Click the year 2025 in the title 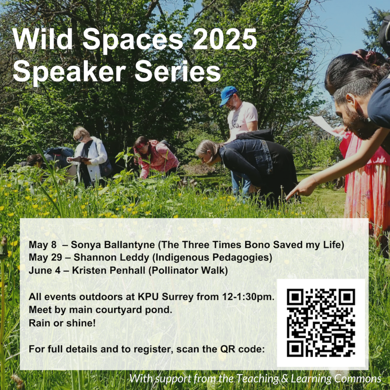coord(225,39)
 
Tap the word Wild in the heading coord(42,39)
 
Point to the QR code coord(321,323)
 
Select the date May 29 coord(45,257)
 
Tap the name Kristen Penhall coord(109,270)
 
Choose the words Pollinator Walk coord(188,271)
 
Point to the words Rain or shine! coord(62,323)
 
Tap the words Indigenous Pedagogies coord(212,258)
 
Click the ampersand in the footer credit coord(285,379)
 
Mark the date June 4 coord(45,270)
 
